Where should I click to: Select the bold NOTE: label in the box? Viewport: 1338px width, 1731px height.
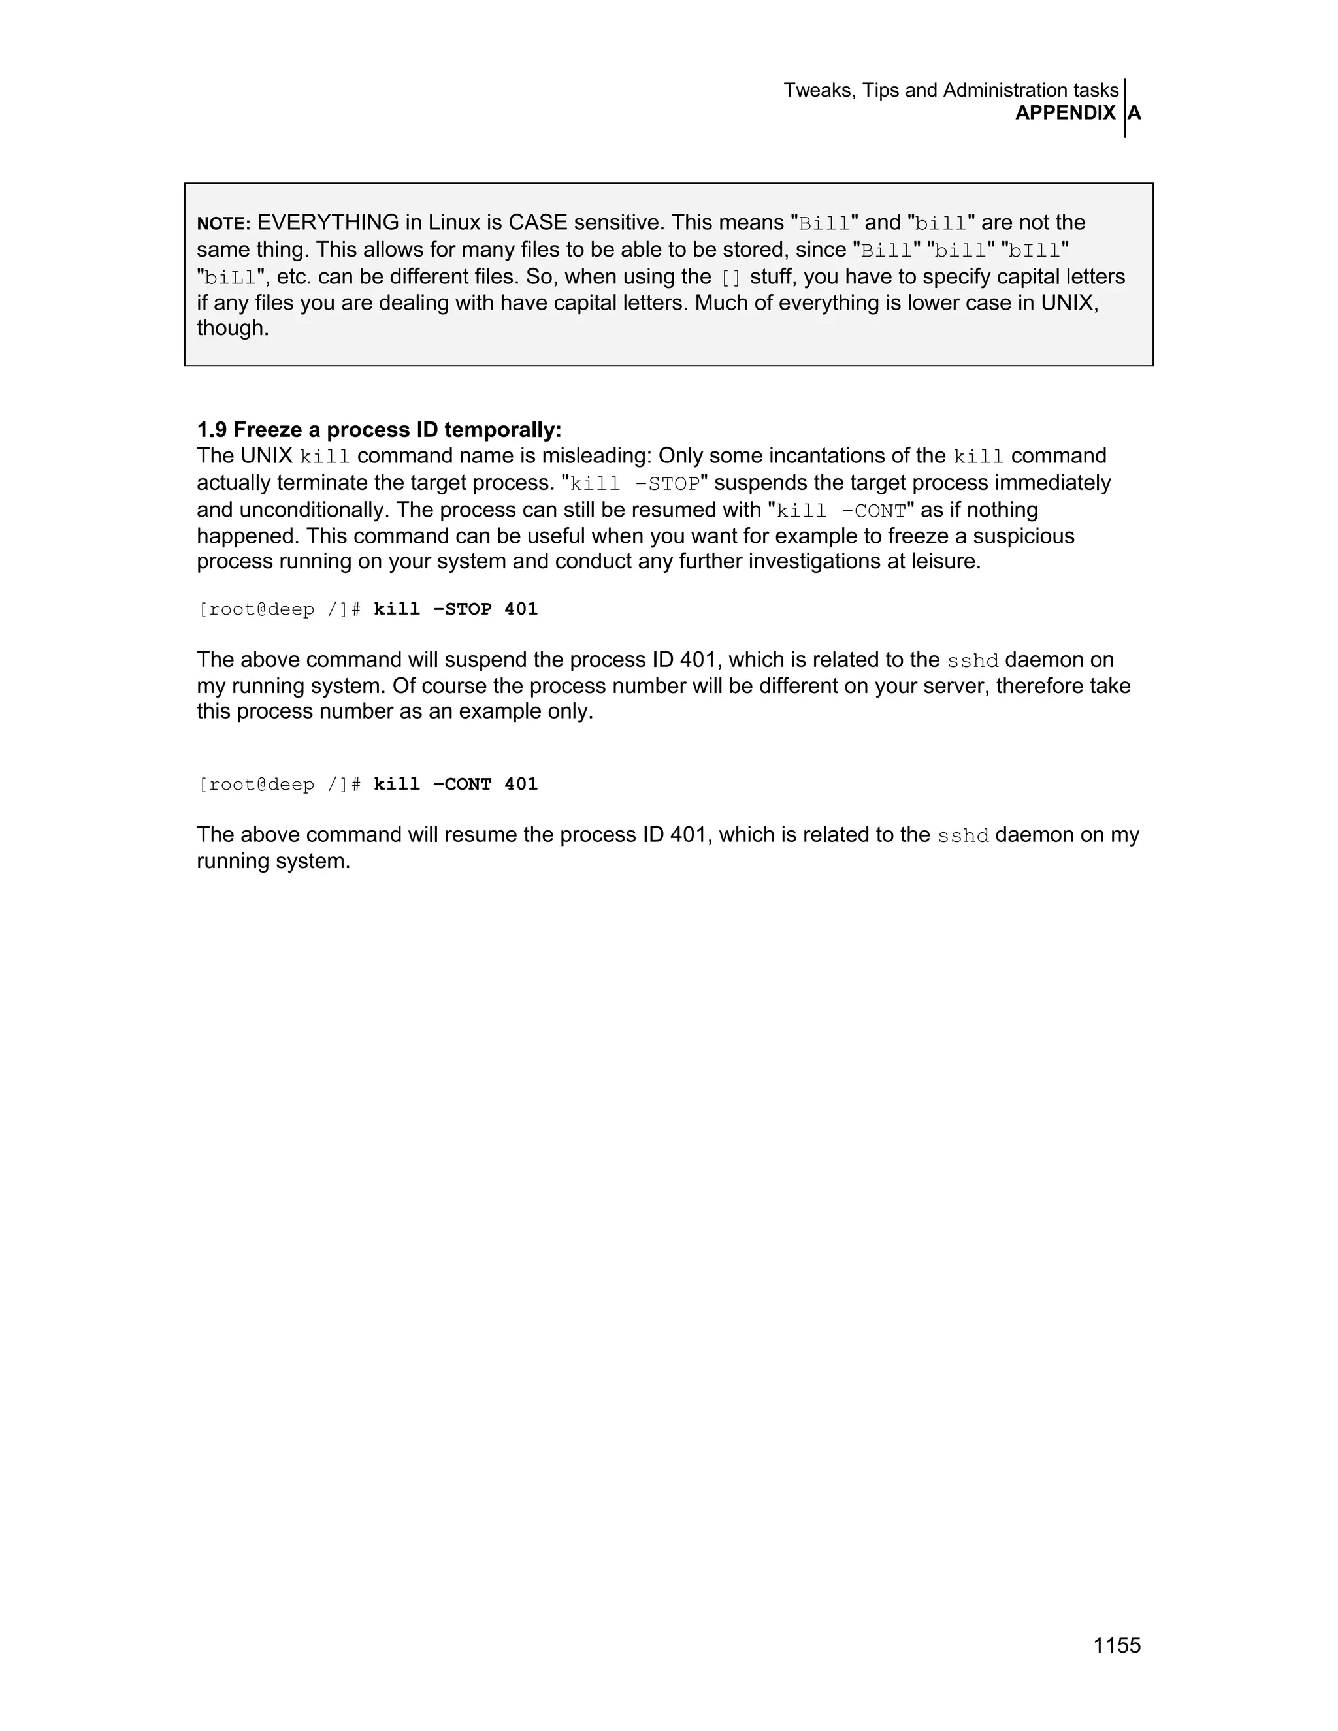(223, 224)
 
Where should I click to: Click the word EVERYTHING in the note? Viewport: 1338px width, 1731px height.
(327, 223)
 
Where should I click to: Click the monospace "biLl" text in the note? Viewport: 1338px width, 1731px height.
(231, 278)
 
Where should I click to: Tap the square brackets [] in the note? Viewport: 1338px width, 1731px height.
(730, 278)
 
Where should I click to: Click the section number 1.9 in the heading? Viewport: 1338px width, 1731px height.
(212, 430)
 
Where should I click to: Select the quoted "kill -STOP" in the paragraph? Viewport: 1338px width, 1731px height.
(635, 484)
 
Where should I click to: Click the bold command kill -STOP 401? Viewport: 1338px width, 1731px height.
(456, 609)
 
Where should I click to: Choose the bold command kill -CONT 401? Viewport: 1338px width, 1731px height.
(456, 785)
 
